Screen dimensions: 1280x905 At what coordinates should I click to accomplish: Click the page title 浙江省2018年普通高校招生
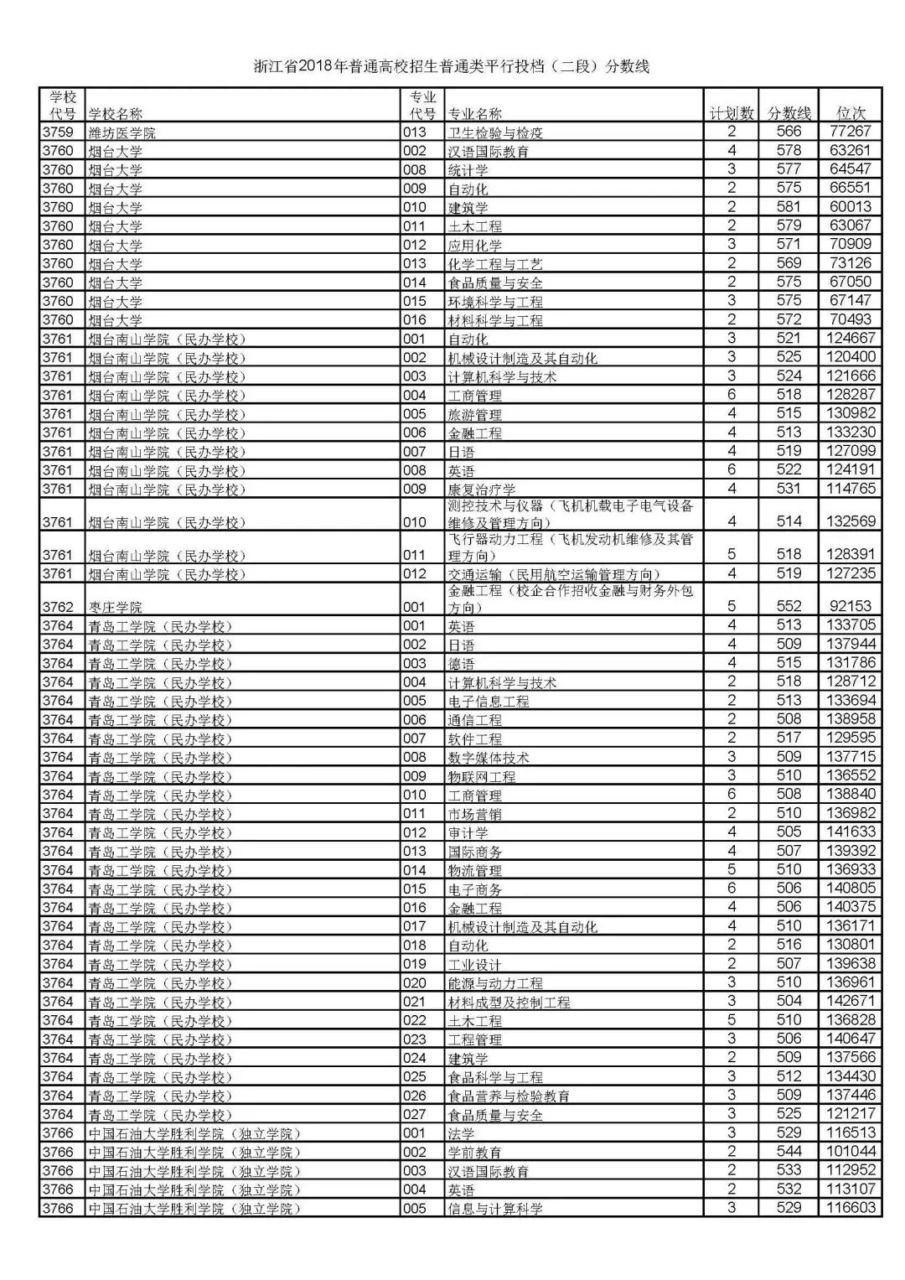[452, 67]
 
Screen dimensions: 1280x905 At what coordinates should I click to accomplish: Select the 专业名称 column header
[475, 114]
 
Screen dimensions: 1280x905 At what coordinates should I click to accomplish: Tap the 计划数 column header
[732, 113]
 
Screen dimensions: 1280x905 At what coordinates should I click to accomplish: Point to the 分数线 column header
[789, 113]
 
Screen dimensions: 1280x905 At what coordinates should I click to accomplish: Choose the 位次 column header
[851, 113]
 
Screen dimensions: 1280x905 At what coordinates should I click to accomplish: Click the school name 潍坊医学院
[122, 132]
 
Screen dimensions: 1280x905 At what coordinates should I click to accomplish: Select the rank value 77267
[851, 132]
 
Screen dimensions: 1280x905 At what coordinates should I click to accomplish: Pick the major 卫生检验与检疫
[495, 132]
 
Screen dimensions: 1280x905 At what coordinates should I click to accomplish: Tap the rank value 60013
[851, 206]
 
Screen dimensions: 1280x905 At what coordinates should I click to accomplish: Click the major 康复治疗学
[482, 490]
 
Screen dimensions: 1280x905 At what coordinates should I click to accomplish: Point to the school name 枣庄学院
[116, 607]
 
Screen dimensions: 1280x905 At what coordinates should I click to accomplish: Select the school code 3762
[58, 607]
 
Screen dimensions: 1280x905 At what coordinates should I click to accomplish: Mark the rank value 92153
[851, 605]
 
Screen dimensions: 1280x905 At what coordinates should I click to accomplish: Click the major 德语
[462, 664]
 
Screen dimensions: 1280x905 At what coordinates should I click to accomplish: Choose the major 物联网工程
[482, 776]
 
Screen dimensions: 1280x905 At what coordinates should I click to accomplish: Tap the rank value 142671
[851, 1001]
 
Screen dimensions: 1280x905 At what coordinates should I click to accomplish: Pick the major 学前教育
[475, 1153]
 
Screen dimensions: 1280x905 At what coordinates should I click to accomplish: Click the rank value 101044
[851, 1152]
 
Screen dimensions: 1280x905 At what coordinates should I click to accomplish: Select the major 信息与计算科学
[495, 1209]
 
